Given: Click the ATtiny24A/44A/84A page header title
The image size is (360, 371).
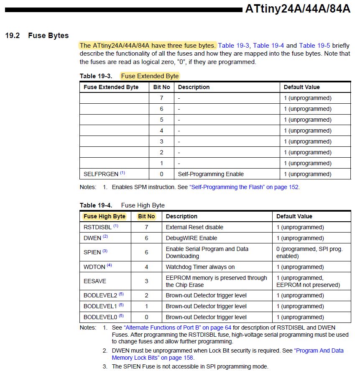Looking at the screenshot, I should (297, 9).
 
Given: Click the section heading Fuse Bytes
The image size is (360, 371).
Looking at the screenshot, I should (48, 36).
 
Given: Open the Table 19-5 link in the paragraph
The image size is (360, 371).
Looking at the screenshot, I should (314, 46).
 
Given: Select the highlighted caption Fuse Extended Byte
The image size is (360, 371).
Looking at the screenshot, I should (150, 76).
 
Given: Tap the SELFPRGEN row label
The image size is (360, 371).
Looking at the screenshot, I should (101, 174).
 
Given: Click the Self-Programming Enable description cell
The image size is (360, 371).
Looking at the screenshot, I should (211, 174).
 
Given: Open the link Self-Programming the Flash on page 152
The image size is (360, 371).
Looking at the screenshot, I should (244, 187).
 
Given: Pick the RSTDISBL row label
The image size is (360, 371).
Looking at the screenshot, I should (98, 227).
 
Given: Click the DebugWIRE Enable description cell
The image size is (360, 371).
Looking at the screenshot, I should (191, 238).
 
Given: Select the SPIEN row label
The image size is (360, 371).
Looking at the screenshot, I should (92, 252).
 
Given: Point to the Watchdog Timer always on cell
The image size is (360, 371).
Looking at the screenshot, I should (200, 267).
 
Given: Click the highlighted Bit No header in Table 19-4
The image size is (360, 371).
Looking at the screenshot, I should (146, 216).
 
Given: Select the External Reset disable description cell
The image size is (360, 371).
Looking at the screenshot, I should (194, 227).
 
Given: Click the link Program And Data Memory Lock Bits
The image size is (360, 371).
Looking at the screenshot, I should (227, 354).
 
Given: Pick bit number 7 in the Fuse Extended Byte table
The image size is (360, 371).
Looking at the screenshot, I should (161, 98).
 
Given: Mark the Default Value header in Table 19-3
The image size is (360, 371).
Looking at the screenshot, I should (301, 87).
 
